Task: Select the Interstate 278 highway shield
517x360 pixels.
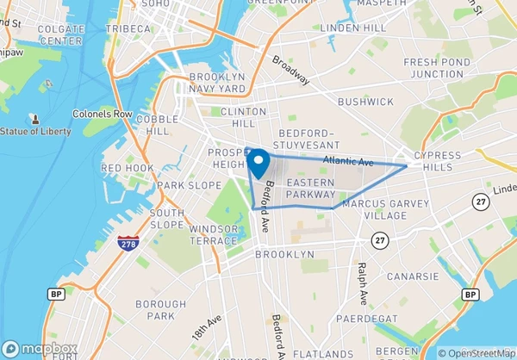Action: point(127,242)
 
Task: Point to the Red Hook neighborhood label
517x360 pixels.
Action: point(128,168)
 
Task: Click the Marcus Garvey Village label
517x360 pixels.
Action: point(373,209)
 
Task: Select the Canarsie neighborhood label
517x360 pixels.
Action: point(414,276)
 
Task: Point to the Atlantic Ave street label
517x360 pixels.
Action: point(348,161)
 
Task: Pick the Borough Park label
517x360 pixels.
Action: point(160,310)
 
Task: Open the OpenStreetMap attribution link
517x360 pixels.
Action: point(476,352)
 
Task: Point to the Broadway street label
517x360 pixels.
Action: point(290,70)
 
